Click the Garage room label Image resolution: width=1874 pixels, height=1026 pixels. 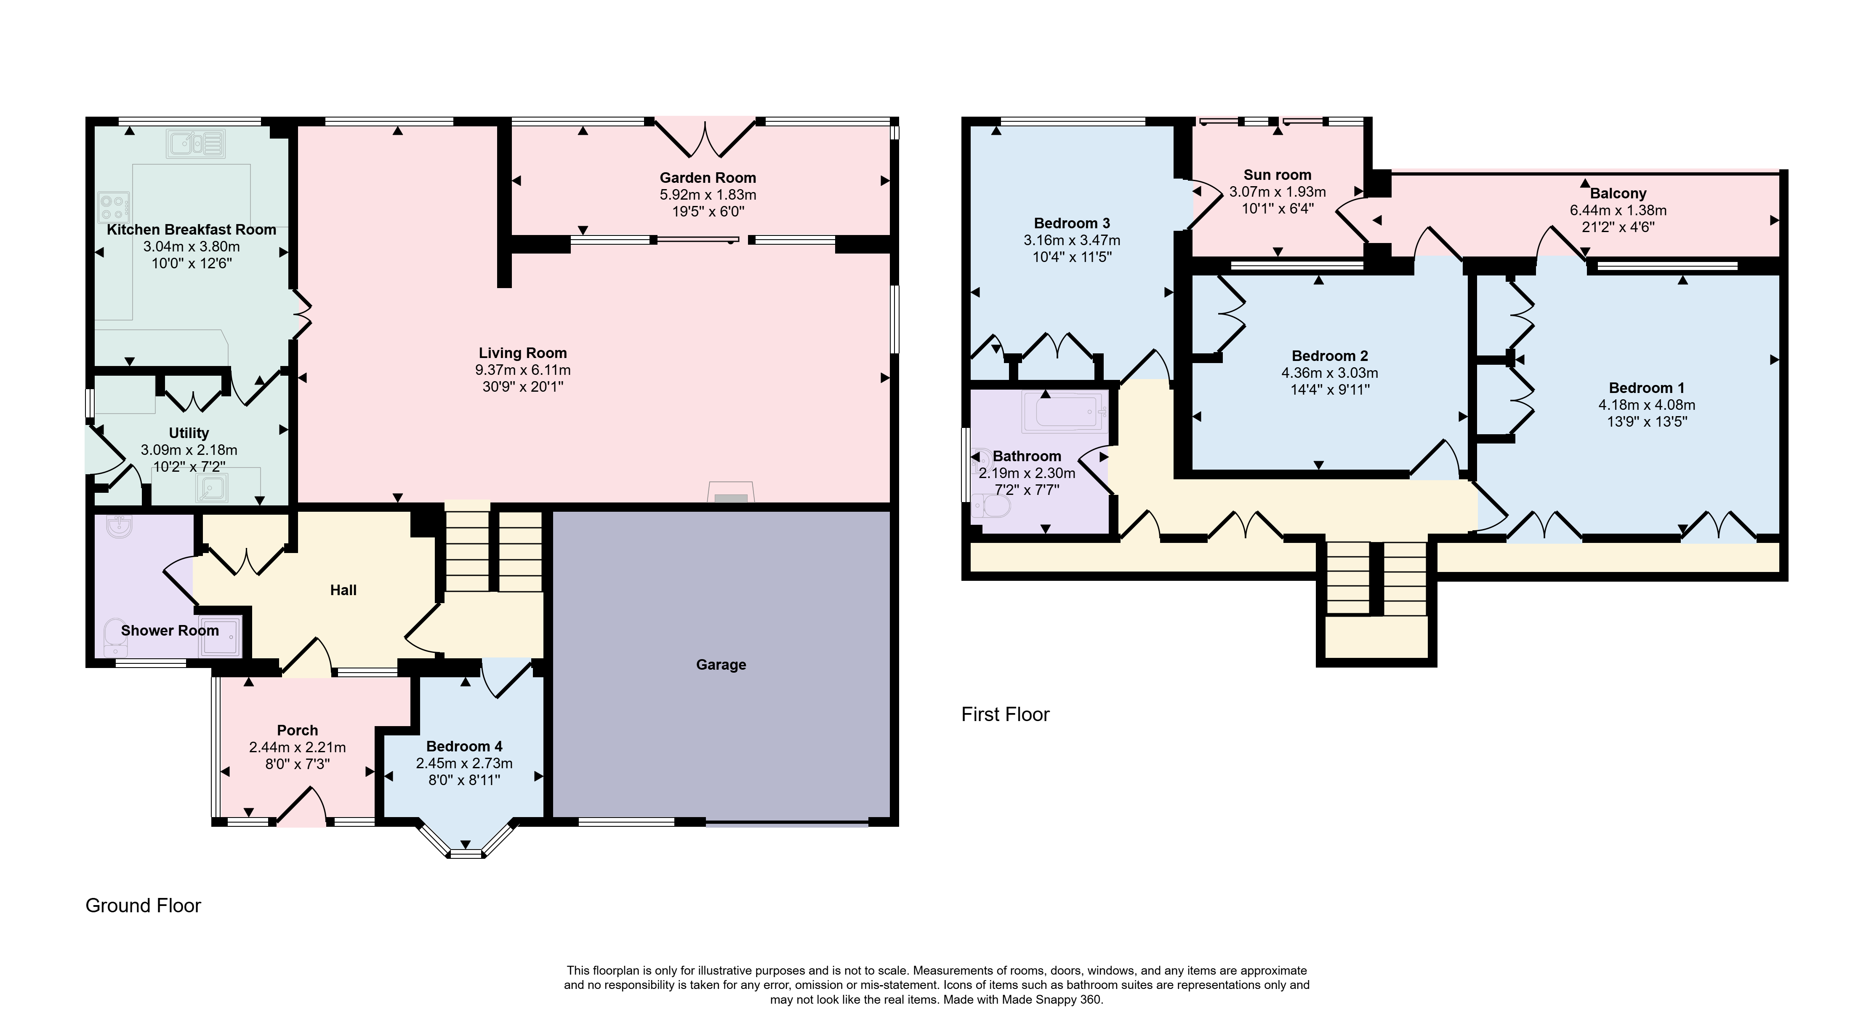coord(721,664)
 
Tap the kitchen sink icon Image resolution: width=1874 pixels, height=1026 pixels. coord(195,143)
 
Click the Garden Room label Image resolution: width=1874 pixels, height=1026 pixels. coord(708,178)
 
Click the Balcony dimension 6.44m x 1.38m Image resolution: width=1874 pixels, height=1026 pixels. coord(1618,210)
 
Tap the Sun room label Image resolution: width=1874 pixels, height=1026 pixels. coord(1278,175)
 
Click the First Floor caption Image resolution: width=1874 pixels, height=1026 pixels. coord(1005,715)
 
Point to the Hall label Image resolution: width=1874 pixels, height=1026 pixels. coord(343,590)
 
